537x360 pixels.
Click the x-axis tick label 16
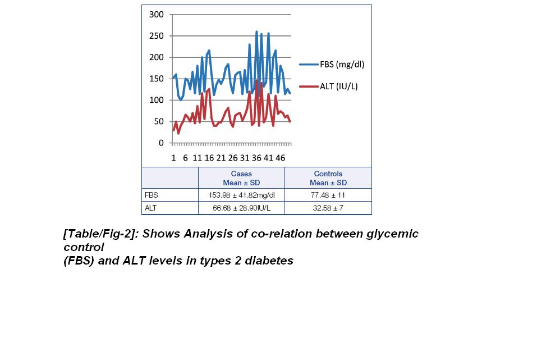pos(209,158)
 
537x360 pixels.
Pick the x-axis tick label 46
pos(280,158)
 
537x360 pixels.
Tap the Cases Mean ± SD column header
pos(241,178)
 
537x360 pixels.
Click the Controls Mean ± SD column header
pos(328,178)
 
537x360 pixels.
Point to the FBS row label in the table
pos(152,195)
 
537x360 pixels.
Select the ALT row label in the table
pos(151,208)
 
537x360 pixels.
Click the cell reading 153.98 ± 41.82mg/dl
pos(241,195)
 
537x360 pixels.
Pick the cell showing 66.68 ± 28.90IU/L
pos(241,208)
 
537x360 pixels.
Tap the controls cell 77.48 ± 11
pos(328,195)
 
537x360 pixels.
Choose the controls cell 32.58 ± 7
pos(328,208)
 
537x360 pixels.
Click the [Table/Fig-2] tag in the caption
pos(100,234)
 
